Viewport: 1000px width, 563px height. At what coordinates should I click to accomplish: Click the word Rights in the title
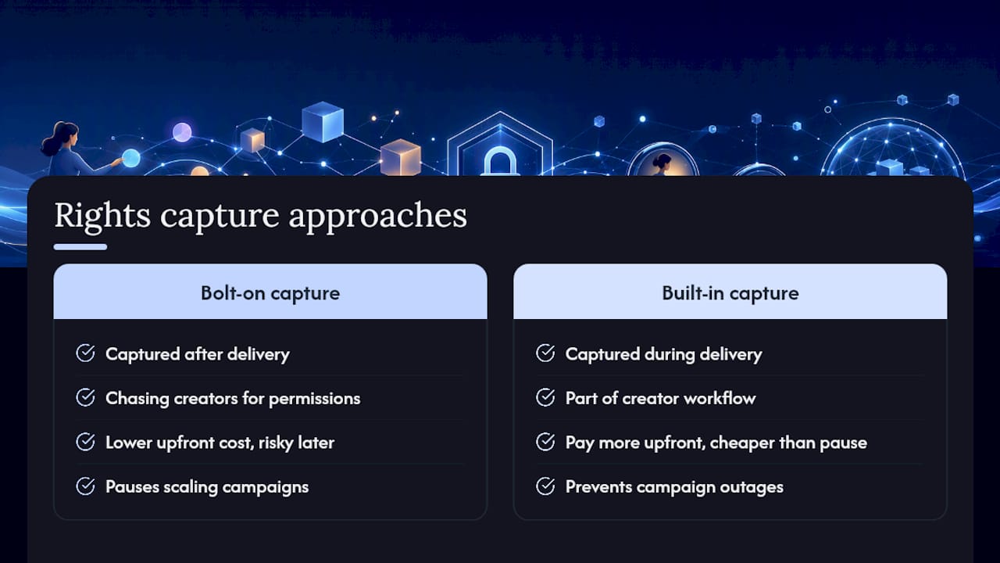[102, 216]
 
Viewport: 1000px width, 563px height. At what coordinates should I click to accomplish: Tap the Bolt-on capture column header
[270, 293]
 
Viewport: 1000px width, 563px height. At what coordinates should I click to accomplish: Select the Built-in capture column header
[730, 293]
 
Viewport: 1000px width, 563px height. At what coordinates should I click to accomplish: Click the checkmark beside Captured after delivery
[85, 353]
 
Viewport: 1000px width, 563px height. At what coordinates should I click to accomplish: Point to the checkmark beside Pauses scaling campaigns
[85, 486]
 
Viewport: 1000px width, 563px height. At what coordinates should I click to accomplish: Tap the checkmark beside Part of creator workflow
[545, 397]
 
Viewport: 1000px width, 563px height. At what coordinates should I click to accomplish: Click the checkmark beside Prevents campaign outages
[545, 486]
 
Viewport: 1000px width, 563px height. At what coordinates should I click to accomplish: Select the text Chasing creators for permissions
[233, 398]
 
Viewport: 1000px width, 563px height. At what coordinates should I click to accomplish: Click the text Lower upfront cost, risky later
[220, 443]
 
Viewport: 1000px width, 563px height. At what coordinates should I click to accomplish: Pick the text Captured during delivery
[663, 354]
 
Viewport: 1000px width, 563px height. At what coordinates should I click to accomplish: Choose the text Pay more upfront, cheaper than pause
[716, 443]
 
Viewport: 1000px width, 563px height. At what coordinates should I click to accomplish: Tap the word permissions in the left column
[314, 399]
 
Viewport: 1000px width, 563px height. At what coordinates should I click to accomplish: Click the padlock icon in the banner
[500, 161]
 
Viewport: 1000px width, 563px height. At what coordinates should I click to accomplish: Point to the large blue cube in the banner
[323, 121]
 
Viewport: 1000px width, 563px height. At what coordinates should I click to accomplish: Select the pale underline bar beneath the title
[80, 246]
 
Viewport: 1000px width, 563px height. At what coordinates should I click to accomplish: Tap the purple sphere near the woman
[182, 132]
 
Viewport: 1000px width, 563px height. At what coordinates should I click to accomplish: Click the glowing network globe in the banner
[892, 148]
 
